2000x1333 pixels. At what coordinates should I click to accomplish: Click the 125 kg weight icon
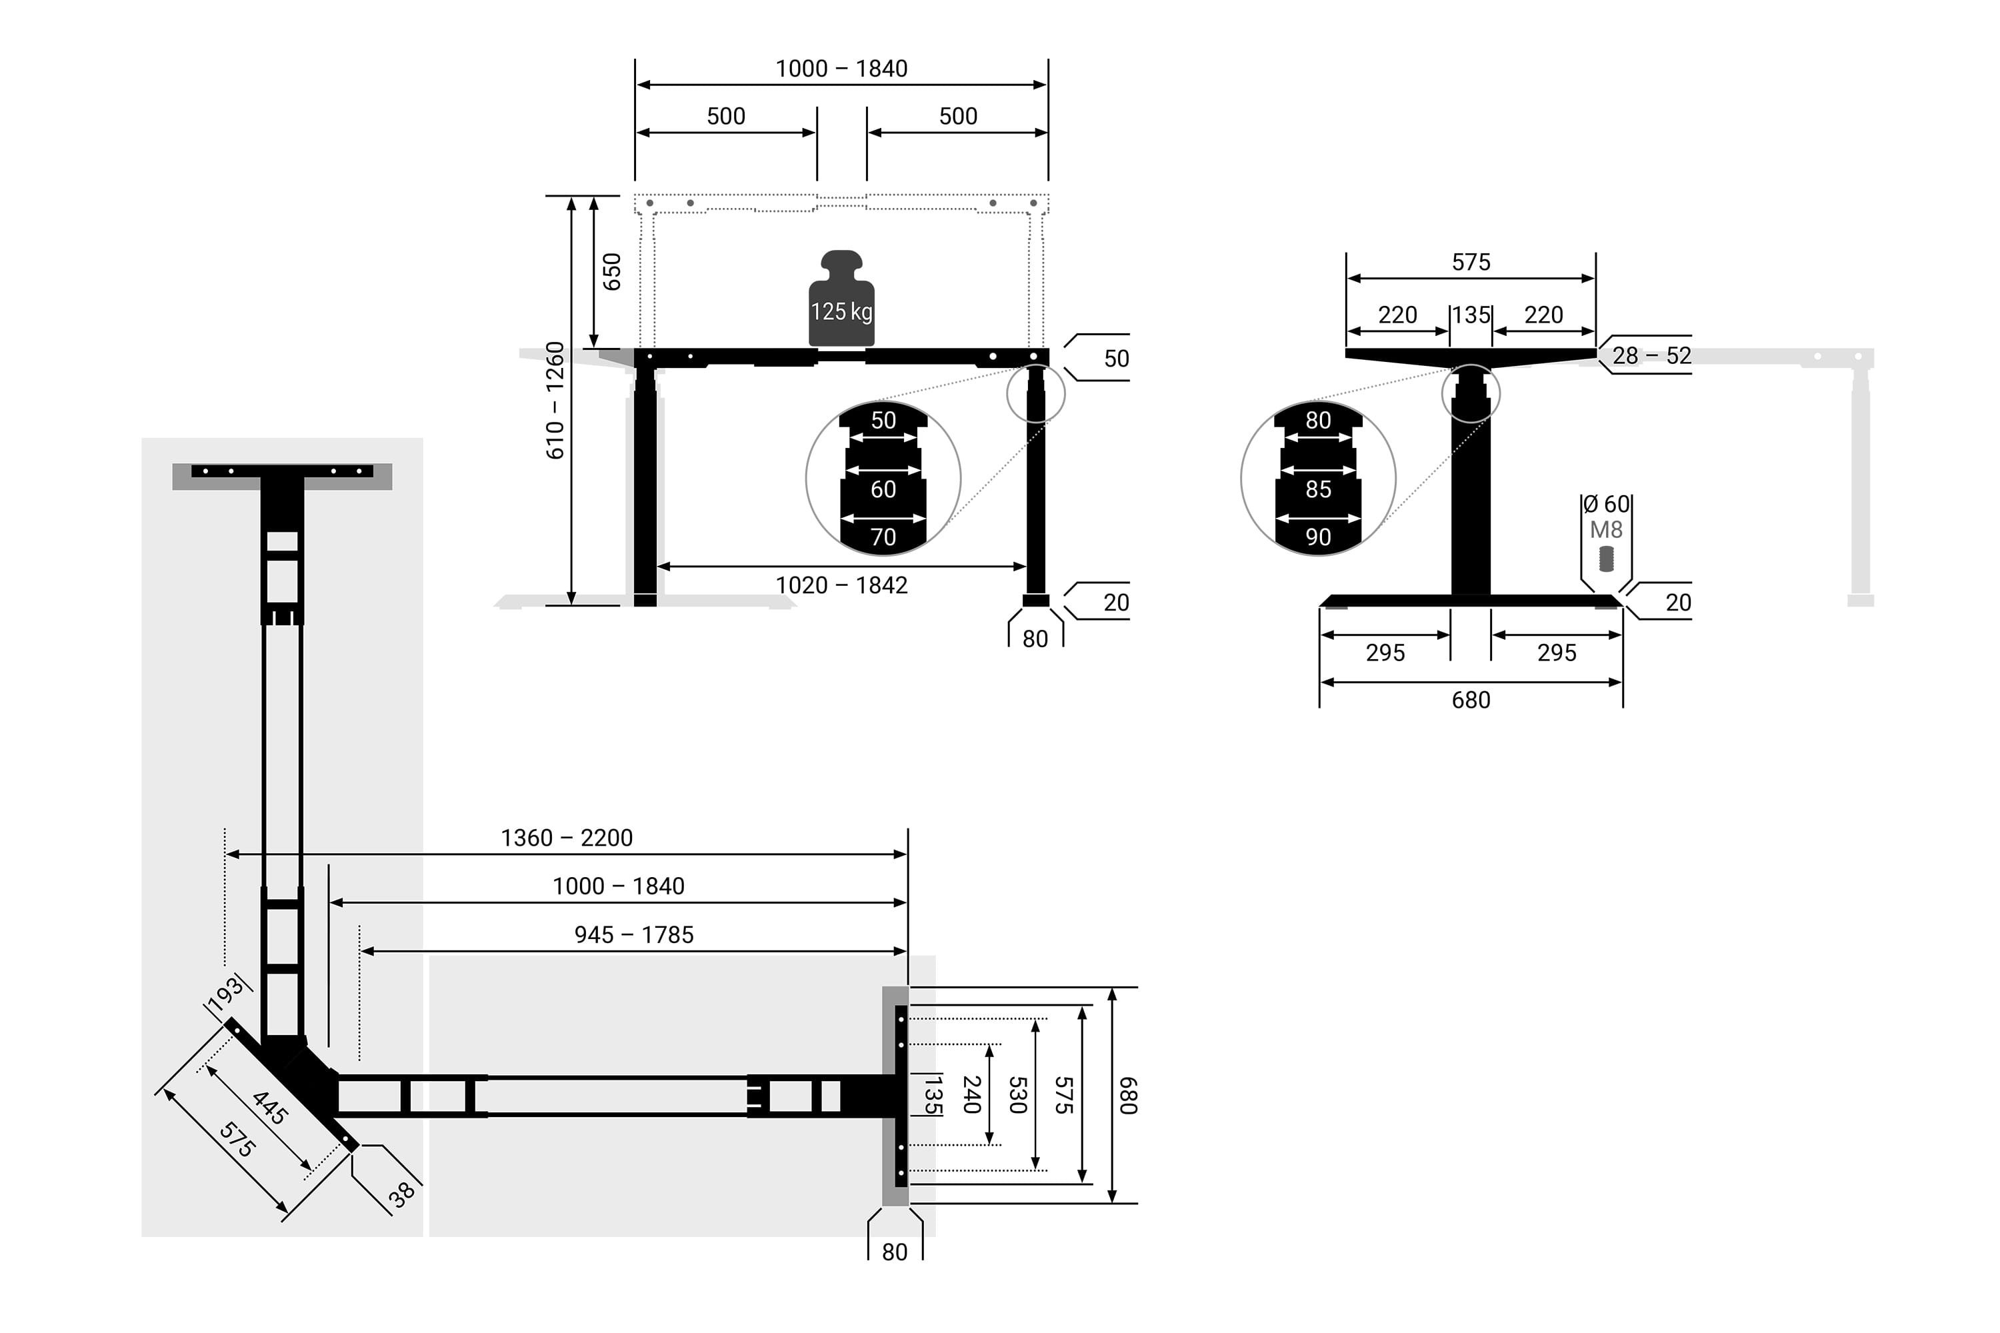(x=841, y=299)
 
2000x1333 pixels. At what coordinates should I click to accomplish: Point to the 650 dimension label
(x=612, y=271)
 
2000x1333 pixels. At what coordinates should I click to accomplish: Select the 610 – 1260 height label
(x=555, y=401)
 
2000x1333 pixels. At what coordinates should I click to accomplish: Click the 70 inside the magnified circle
(x=883, y=537)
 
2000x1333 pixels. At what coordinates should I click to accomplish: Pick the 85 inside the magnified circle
(x=1318, y=490)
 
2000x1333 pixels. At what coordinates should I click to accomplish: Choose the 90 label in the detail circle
(x=1318, y=537)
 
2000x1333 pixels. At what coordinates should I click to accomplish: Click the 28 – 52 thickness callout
(x=1651, y=355)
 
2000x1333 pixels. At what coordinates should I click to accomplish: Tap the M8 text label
(x=1606, y=530)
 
